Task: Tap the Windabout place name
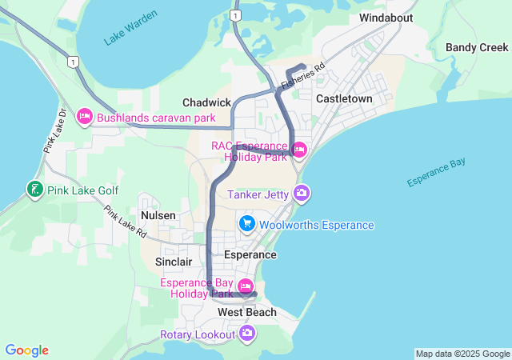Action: coord(387,17)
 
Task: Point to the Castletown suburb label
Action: coord(344,98)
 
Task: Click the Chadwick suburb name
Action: coord(206,102)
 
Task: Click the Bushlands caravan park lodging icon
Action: coord(85,118)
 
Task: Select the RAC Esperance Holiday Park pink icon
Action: coord(300,150)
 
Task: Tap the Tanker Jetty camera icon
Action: coord(302,193)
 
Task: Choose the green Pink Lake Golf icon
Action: coord(34,190)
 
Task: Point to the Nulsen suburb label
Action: coord(158,216)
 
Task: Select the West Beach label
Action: coord(247,312)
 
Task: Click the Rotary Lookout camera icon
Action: coord(247,333)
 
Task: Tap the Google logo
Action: coord(27,350)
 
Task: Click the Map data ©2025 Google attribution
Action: coord(462,354)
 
